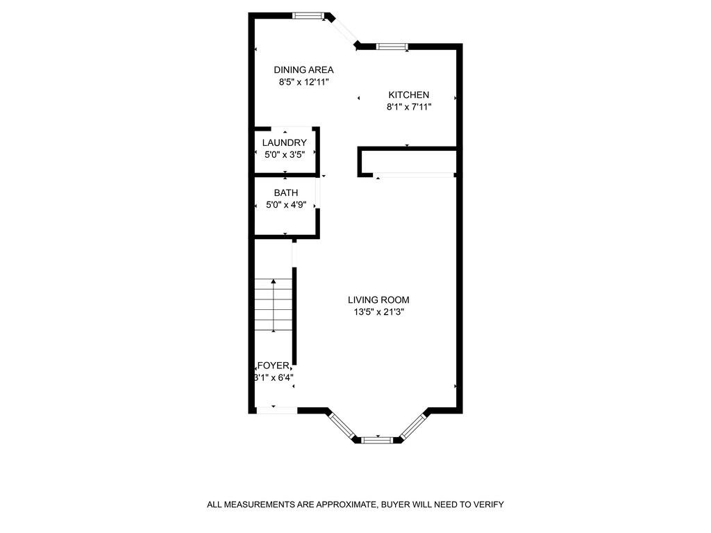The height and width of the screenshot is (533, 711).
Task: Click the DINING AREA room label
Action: [303, 69]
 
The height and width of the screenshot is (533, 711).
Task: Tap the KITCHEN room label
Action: [408, 95]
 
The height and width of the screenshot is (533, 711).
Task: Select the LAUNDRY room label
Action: [284, 142]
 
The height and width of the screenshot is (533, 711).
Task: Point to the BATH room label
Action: [285, 192]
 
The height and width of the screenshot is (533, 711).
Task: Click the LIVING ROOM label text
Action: [378, 300]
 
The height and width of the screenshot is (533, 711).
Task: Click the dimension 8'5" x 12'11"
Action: [303, 82]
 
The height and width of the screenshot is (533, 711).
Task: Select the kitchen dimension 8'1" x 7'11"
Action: [409, 107]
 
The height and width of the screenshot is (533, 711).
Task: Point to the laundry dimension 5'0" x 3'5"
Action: [285, 154]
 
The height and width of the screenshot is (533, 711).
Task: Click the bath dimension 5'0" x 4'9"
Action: [285, 205]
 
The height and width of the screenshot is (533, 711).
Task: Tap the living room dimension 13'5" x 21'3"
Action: [378, 312]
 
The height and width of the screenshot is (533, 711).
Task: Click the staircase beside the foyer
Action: [273, 305]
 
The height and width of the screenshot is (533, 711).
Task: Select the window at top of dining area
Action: [308, 15]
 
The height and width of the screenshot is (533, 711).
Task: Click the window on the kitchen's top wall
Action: [392, 47]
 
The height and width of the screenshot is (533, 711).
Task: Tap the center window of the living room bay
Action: [378, 439]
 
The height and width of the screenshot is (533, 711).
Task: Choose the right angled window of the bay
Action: [413, 425]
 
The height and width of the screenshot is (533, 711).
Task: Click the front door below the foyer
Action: [277, 411]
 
